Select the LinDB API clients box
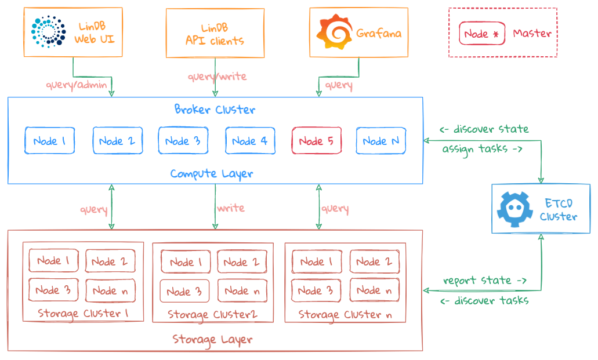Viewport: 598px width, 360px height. click(215, 33)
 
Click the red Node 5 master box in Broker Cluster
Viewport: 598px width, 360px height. click(317, 141)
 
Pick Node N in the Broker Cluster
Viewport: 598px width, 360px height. click(381, 141)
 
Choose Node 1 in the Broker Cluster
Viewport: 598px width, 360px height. click(50, 141)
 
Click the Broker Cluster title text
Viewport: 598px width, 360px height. click(215, 109)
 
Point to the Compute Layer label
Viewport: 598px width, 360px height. click(212, 173)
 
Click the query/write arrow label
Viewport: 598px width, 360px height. click(217, 77)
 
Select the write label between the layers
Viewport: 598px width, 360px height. click(231, 208)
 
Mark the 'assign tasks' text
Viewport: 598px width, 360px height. click(482, 149)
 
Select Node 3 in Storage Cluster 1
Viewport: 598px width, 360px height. click(53, 290)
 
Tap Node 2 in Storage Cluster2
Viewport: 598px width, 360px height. click(242, 262)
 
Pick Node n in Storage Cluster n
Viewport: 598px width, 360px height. click(374, 290)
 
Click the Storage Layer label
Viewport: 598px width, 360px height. click(213, 339)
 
